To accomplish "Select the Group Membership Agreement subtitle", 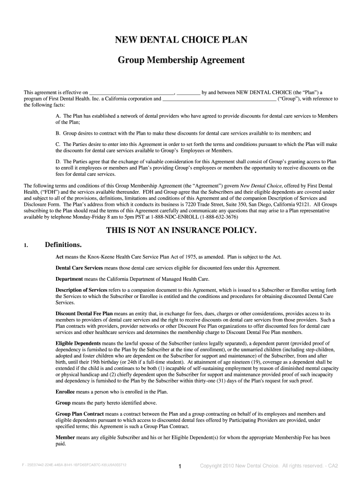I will tap(180, 60).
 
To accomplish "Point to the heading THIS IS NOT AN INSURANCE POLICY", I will tap(181, 231).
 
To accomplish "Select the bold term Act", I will tap(59, 257).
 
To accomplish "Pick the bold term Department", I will tap(69, 279).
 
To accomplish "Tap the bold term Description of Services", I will tap(81, 290).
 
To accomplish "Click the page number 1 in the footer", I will tap(180, 466).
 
